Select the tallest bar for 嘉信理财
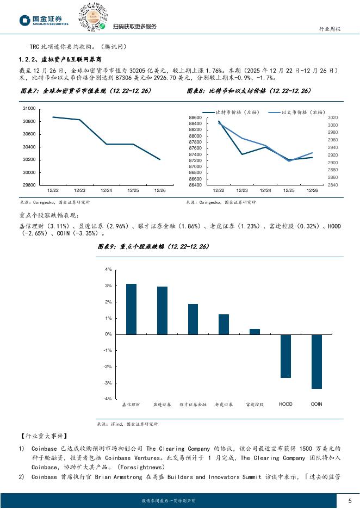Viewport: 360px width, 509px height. point(132,309)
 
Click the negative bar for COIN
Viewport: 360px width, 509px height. point(316,361)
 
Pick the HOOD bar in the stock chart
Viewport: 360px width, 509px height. point(285,356)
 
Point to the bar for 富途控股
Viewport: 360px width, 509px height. point(255,331)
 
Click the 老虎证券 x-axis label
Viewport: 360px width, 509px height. point(224,405)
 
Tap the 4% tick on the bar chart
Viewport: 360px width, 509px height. point(108,269)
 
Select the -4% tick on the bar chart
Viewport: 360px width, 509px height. point(108,399)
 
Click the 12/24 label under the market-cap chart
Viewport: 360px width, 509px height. point(107,190)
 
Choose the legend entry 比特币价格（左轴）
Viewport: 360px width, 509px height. point(237,112)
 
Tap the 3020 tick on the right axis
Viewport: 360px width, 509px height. point(333,117)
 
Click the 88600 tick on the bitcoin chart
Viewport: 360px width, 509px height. point(195,117)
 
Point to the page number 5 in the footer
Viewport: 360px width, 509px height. point(349,500)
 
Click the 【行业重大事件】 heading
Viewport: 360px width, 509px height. point(43,436)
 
